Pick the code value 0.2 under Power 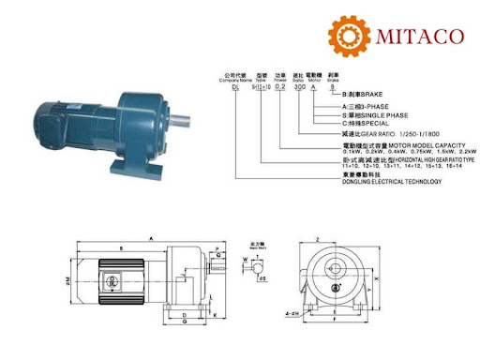pyautogui.click(x=278, y=84)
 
